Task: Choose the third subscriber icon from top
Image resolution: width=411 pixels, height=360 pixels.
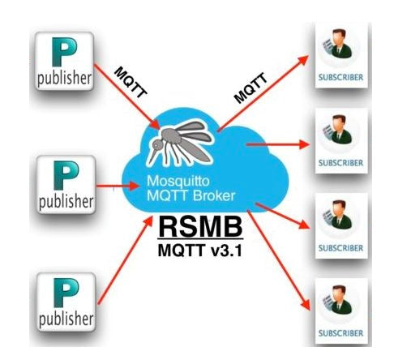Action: tap(339, 221)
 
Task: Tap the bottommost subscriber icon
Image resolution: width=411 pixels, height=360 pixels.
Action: tap(339, 306)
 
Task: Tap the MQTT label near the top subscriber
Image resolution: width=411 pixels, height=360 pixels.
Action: tap(250, 86)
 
